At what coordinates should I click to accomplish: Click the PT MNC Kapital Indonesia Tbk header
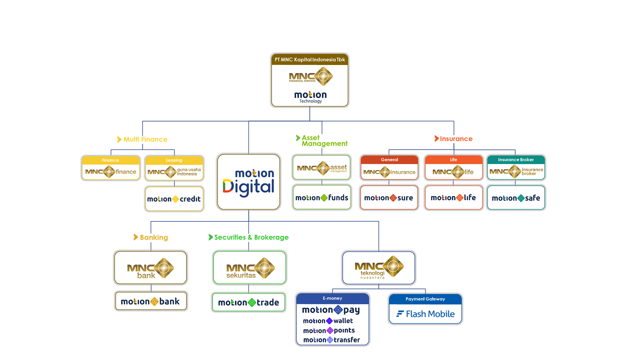(x=310, y=60)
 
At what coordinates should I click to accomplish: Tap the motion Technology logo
(x=310, y=97)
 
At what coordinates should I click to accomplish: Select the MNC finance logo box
(x=111, y=172)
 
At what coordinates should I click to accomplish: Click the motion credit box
(x=174, y=199)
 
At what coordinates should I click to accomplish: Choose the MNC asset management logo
(x=322, y=168)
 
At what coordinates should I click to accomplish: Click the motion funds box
(x=322, y=198)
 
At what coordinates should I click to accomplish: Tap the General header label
(x=389, y=160)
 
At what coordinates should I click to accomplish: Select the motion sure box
(x=389, y=198)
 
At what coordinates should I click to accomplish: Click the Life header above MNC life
(x=453, y=160)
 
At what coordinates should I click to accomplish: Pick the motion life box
(x=453, y=198)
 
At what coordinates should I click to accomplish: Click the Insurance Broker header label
(x=516, y=160)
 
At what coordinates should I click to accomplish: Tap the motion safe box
(x=516, y=198)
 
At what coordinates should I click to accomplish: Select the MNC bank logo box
(x=151, y=268)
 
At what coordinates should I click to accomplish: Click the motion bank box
(x=150, y=301)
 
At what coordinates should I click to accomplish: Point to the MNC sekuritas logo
(x=250, y=268)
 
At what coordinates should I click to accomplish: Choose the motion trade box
(x=249, y=302)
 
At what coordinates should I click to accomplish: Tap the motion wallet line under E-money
(x=328, y=321)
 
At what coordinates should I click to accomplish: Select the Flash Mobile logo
(x=425, y=314)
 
